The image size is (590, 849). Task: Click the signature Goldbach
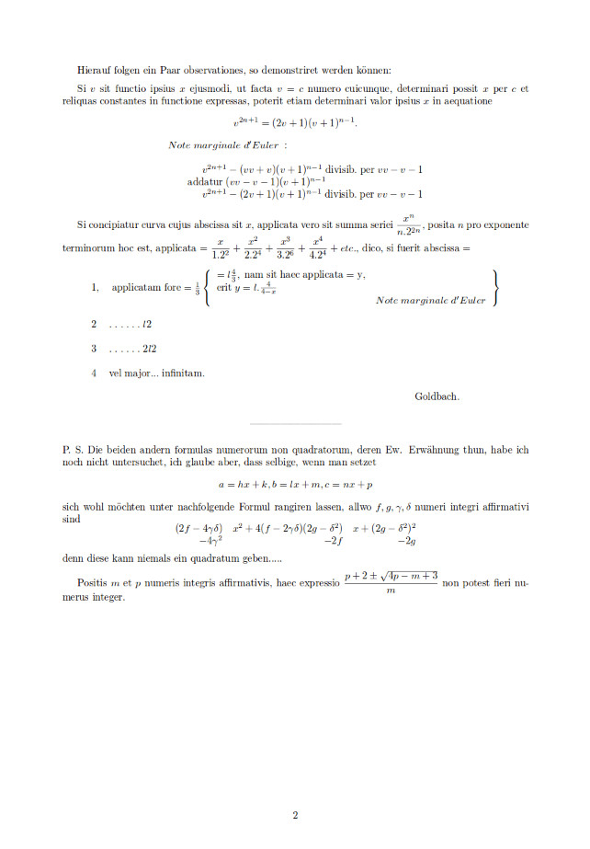pyautogui.click(x=437, y=396)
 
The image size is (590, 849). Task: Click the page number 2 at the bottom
pyautogui.click(x=295, y=815)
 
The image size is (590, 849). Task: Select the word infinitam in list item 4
pyautogui.click(x=182, y=373)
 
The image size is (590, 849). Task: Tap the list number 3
pyautogui.click(x=94, y=350)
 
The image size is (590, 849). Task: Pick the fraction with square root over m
pyautogui.click(x=391, y=582)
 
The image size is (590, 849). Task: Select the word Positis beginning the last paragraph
pyautogui.click(x=96, y=582)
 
